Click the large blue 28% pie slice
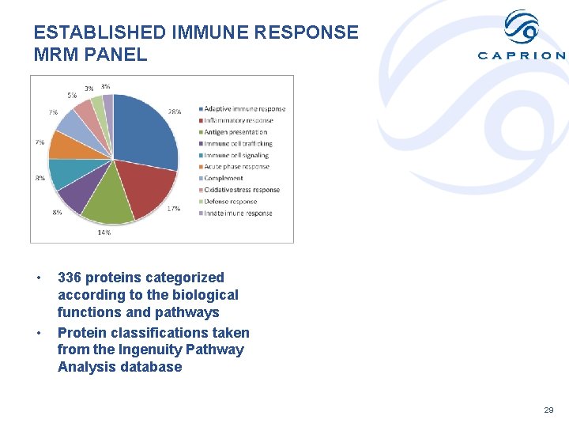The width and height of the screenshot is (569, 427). pyautogui.click(x=146, y=130)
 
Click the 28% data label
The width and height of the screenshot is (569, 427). pyautogui.click(x=174, y=112)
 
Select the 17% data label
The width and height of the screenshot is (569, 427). pyautogui.click(x=174, y=209)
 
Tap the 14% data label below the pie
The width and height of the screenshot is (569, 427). pyautogui.click(x=104, y=232)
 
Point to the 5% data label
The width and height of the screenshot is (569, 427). pyautogui.click(x=72, y=95)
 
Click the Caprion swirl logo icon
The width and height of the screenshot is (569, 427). pyautogui.click(x=522, y=28)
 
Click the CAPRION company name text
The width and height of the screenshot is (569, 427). pyautogui.click(x=522, y=55)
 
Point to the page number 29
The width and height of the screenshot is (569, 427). pyautogui.click(x=549, y=410)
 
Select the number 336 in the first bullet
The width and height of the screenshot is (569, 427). pyautogui.click(x=70, y=278)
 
